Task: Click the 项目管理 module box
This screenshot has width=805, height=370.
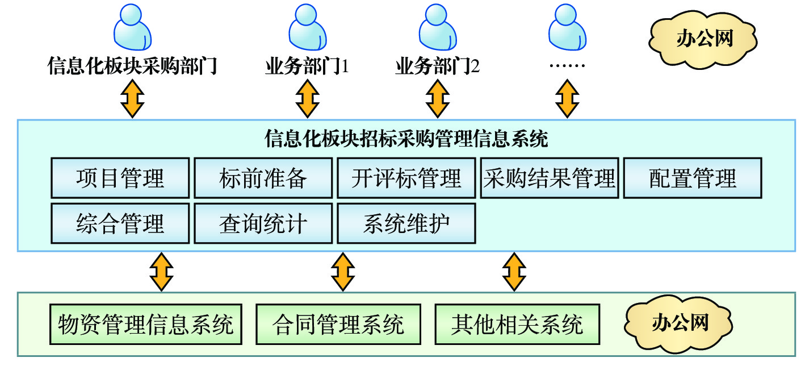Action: pyautogui.click(x=120, y=178)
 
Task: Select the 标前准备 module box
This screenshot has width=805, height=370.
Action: pyautogui.click(x=263, y=178)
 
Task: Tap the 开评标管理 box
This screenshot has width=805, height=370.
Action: pyautogui.click(x=406, y=178)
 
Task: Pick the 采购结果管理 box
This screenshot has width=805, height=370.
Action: pyautogui.click(x=549, y=178)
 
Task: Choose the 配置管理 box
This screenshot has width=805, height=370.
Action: pyautogui.click(x=692, y=178)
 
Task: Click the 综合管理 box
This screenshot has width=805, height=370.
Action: pyautogui.click(x=120, y=223)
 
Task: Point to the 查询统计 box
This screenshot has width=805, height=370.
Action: pyautogui.click(x=263, y=223)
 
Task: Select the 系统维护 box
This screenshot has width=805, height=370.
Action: pyautogui.click(x=406, y=223)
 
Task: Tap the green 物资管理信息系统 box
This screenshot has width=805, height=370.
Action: pyautogui.click(x=145, y=325)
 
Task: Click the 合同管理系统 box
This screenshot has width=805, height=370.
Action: pyautogui.click(x=338, y=325)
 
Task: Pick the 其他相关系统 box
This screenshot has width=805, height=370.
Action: pyautogui.click(x=517, y=325)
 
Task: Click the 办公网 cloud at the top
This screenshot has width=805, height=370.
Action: pyautogui.click(x=704, y=39)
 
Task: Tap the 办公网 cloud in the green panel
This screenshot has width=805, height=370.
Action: pyautogui.click(x=680, y=323)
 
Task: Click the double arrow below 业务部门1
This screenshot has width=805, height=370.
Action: pyautogui.click(x=307, y=98)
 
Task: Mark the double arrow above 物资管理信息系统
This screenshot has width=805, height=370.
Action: pyautogui.click(x=161, y=271)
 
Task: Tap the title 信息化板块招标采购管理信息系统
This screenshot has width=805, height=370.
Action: pyautogui.click(x=406, y=138)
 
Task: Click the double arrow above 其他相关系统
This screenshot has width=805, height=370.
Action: pyautogui.click(x=515, y=271)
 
